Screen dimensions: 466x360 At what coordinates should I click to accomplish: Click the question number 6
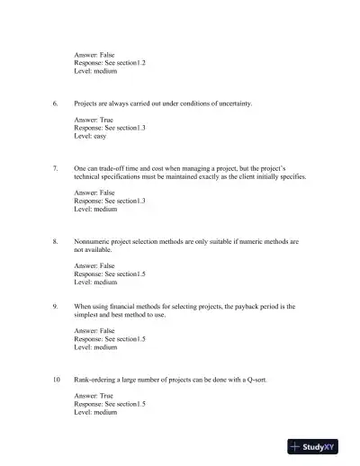pos(55,103)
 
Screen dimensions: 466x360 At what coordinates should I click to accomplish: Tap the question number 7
pos(55,168)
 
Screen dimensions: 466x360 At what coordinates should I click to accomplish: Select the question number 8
pos(55,242)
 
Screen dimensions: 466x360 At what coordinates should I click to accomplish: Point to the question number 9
pos(55,307)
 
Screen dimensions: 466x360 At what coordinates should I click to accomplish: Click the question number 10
pos(56,381)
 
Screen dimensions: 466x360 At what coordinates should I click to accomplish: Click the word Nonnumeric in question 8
pos(94,242)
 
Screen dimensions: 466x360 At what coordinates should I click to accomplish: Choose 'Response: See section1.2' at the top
pos(110,63)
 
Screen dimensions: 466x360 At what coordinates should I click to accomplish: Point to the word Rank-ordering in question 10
pos(98,381)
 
